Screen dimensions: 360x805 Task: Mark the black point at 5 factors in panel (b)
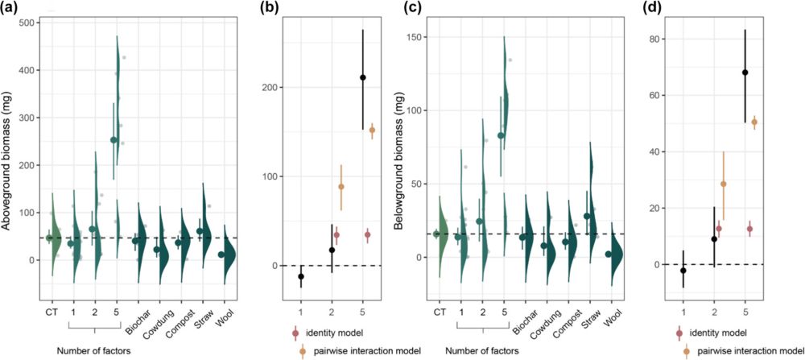point(363,77)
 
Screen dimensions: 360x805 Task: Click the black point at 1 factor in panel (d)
point(683,271)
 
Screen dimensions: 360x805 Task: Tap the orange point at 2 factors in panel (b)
point(341,187)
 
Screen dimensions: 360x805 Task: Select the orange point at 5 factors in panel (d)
point(754,122)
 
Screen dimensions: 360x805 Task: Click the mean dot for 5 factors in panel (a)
point(114,140)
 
